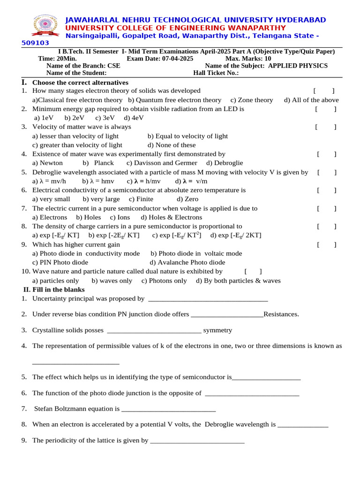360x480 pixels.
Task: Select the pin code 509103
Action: pos(36,43)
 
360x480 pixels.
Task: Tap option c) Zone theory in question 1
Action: pos(251,100)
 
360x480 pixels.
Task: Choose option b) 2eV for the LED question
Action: pos(75,118)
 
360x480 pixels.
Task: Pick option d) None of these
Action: pos(172,145)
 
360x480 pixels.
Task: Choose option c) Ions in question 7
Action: pos(120,217)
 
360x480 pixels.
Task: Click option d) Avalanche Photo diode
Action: pos(187,262)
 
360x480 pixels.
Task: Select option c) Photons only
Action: pos(164,281)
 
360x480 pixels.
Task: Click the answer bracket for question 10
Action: pos(253,271)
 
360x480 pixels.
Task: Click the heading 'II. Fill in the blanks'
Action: pos(54,290)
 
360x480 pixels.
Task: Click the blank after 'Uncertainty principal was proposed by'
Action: pos(208,299)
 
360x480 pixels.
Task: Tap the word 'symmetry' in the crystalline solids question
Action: pos(217,330)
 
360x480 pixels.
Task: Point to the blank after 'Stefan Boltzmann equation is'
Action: pos(168,409)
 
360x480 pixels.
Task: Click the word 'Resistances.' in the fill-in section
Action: pos(281,314)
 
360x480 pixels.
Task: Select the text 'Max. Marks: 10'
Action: pos(248,59)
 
